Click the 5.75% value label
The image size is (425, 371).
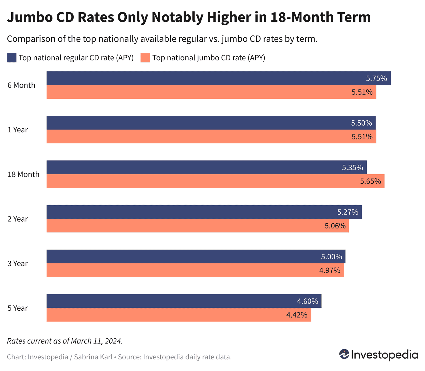click(x=376, y=79)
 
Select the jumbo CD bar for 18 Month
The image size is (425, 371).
click(x=215, y=181)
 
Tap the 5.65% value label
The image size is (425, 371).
click(x=370, y=181)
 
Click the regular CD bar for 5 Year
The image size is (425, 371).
click(x=184, y=301)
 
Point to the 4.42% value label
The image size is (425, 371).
click(x=297, y=315)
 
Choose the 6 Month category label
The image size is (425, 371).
click(x=22, y=85)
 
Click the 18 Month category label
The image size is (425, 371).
click(x=24, y=174)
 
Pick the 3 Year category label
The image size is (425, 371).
click(x=18, y=264)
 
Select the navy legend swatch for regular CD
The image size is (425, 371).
click(x=12, y=58)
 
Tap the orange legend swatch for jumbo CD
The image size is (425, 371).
click(x=145, y=58)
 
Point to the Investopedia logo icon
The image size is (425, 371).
click(x=344, y=354)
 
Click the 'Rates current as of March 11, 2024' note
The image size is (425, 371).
click(x=65, y=341)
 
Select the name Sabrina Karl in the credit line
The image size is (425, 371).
click(x=93, y=357)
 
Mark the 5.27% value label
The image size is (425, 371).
click(x=347, y=212)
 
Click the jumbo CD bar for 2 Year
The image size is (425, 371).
click(x=197, y=226)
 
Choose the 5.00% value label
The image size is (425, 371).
click(x=331, y=257)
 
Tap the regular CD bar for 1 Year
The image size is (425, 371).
click(x=211, y=123)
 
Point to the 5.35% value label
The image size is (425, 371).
click(x=352, y=168)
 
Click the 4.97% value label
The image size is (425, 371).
click(x=330, y=270)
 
